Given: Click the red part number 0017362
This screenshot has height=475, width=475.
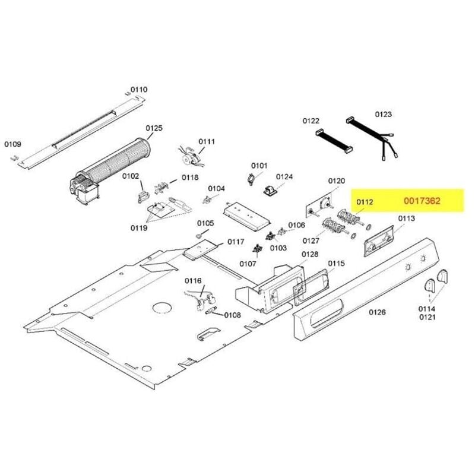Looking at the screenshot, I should (422, 201).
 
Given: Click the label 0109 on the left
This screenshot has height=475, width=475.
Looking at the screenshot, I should (12, 144).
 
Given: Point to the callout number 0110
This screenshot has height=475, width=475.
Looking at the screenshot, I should (139, 90).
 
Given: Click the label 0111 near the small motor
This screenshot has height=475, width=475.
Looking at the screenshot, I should (207, 141).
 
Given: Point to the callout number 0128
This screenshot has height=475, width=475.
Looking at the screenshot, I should (310, 254).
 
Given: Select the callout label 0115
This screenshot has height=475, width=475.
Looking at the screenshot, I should (336, 263).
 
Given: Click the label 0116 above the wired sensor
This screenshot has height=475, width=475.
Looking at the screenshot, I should (193, 280).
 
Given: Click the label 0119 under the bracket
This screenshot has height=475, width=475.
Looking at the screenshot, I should (139, 227).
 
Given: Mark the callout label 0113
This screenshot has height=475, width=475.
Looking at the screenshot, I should (406, 218).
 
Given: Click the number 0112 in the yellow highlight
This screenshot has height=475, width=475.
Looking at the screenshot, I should (365, 202).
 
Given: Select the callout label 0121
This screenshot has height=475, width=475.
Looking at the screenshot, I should (427, 318).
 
